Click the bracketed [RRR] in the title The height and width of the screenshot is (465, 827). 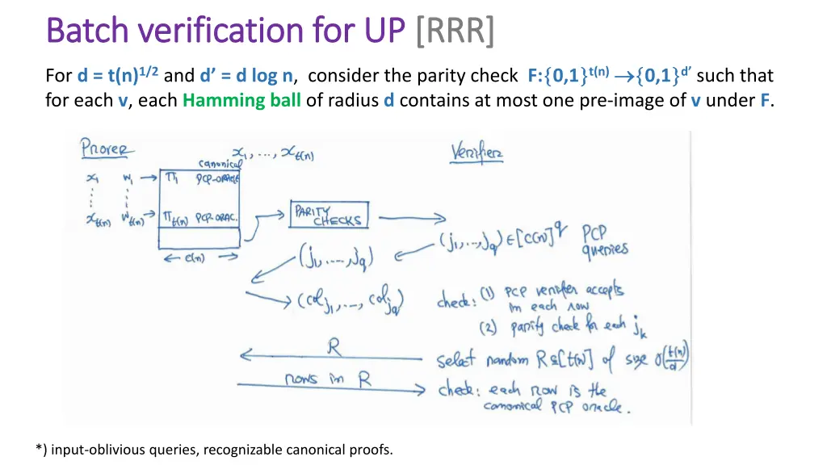click(455, 31)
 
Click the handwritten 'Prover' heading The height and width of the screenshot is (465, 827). click(107, 150)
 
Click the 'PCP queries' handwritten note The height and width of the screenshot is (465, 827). click(605, 240)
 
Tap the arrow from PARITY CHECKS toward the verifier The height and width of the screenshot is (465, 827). click(412, 217)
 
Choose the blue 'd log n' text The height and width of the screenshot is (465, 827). click(264, 76)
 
